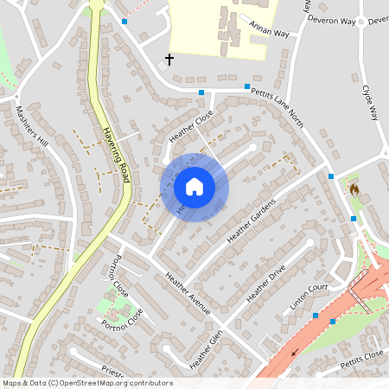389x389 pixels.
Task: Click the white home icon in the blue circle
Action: (x=194, y=187)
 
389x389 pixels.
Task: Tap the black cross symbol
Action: (x=169, y=60)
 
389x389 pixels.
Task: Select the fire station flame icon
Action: (x=354, y=187)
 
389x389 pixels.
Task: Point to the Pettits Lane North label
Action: (x=278, y=102)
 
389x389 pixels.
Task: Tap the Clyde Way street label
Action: (x=369, y=100)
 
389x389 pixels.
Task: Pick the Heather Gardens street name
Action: (x=251, y=220)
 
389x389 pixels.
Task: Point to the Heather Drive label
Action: (x=265, y=284)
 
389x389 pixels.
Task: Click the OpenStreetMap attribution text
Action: (x=87, y=383)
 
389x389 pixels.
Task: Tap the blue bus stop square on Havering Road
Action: (x=124, y=21)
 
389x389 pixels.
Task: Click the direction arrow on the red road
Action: (x=296, y=352)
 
